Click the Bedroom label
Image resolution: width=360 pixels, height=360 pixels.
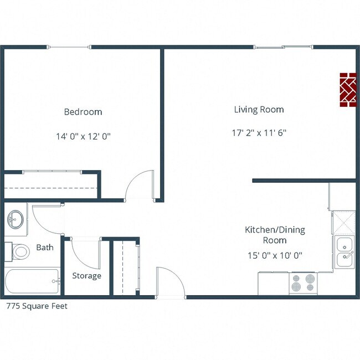coord(83,112)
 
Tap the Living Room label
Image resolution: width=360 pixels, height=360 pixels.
coord(259,110)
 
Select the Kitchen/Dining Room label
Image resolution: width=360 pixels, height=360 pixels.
coord(275,235)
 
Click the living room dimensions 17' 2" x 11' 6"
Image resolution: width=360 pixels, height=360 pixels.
coord(259,133)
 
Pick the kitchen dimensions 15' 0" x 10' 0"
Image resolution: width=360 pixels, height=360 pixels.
coord(275,255)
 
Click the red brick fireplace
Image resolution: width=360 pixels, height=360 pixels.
coord(348,90)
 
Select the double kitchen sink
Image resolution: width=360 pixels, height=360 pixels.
coord(344,251)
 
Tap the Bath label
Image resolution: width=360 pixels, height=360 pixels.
coord(45,248)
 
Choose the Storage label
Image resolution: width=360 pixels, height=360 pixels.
coord(86,276)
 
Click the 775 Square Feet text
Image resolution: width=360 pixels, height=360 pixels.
coord(37,306)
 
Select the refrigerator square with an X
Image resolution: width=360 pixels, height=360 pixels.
coord(343,223)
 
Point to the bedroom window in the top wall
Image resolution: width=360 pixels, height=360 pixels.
coord(70,48)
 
